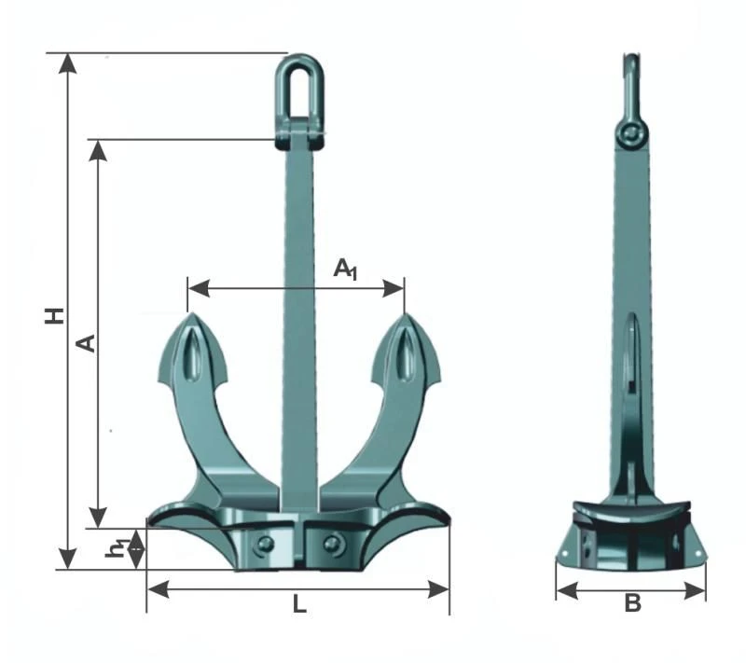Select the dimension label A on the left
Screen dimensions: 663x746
(x=86, y=343)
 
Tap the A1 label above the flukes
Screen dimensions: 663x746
(x=346, y=269)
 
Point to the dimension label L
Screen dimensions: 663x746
(x=298, y=604)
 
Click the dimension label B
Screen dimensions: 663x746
(x=632, y=604)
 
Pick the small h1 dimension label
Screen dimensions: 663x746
(x=117, y=549)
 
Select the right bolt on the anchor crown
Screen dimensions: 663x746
(x=332, y=544)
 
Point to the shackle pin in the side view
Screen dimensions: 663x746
(x=633, y=134)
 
